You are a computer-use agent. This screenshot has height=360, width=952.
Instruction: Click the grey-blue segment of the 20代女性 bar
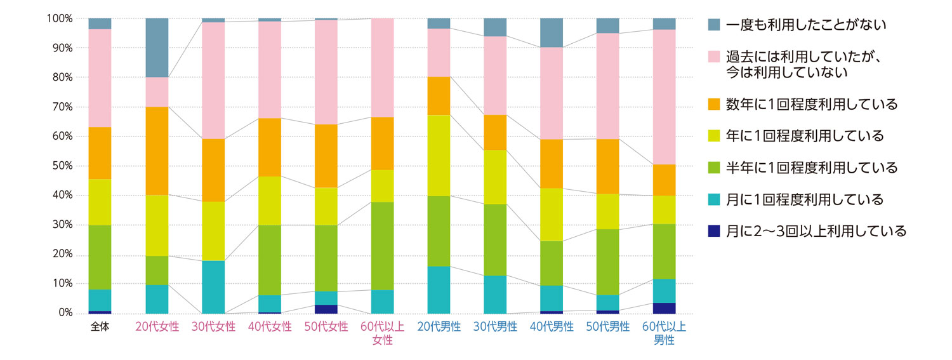[x=157, y=48]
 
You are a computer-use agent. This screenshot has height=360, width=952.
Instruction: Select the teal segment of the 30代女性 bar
[x=213, y=287]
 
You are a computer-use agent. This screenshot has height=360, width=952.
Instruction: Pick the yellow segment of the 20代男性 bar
[x=439, y=156]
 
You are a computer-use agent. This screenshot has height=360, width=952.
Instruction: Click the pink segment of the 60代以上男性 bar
[x=664, y=97]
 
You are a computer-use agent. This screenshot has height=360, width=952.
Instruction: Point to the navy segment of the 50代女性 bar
[x=326, y=309]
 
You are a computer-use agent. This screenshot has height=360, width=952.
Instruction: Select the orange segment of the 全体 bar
[x=100, y=153]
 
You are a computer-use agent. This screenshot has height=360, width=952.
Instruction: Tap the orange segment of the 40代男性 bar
[x=552, y=164]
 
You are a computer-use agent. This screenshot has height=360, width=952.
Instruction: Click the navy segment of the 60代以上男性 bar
[x=664, y=308]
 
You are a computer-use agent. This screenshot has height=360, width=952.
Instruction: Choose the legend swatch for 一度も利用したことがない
[x=714, y=25]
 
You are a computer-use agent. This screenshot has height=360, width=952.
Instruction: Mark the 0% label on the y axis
[x=65, y=313]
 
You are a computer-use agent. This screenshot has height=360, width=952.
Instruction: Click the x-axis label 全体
[x=100, y=328]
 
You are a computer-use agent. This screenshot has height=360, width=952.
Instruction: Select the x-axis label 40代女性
[x=270, y=328]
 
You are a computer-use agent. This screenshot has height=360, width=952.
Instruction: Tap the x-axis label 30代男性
[x=495, y=328]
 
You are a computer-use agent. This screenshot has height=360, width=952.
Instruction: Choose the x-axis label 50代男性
[x=608, y=328]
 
